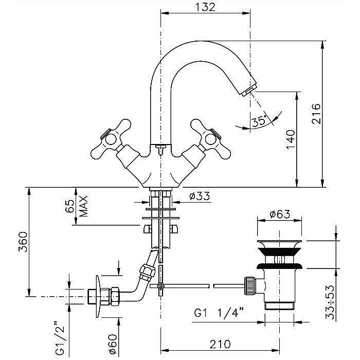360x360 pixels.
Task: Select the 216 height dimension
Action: click(316, 114)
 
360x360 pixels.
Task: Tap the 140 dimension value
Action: click(291, 139)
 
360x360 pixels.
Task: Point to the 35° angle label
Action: click(259, 121)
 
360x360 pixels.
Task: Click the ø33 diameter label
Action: click(200, 196)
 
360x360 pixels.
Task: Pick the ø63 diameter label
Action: click(280, 214)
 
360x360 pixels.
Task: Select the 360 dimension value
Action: click(23, 242)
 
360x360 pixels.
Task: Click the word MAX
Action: click(83, 206)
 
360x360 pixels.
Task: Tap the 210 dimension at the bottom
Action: click(220, 344)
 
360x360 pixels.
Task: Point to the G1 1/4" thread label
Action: click(219, 313)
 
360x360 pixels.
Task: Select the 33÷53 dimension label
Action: click(330, 302)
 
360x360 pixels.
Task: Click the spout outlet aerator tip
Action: click(248, 91)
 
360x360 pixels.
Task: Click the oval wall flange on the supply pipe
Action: click(98, 297)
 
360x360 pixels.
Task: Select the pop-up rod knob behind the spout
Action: click(160, 149)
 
